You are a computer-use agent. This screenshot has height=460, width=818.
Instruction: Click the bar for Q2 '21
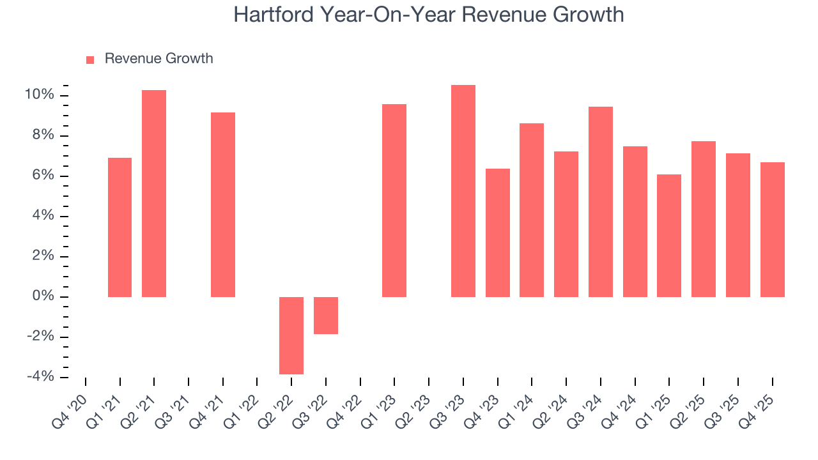click(154, 194)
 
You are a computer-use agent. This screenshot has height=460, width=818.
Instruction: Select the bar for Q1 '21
click(120, 227)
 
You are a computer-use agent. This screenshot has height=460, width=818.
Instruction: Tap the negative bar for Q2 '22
click(291, 335)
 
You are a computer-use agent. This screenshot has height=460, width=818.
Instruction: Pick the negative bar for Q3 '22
click(326, 316)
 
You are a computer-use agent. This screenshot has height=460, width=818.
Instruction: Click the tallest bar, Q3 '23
click(463, 191)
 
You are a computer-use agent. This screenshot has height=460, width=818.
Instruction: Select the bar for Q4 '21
click(223, 204)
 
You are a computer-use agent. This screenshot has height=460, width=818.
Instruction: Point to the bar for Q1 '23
click(394, 201)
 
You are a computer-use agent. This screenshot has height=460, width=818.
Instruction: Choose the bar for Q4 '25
click(772, 230)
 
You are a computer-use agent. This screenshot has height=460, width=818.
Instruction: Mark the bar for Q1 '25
click(669, 236)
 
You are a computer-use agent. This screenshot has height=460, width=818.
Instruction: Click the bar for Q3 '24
click(601, 202)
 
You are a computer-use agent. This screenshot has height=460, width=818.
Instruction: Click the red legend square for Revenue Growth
click(90, 59)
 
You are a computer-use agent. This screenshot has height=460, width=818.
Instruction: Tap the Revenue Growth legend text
click(158, 59)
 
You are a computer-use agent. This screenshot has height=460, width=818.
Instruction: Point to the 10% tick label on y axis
click(40, 95)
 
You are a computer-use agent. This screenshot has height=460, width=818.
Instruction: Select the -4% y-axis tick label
click(40, 377)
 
